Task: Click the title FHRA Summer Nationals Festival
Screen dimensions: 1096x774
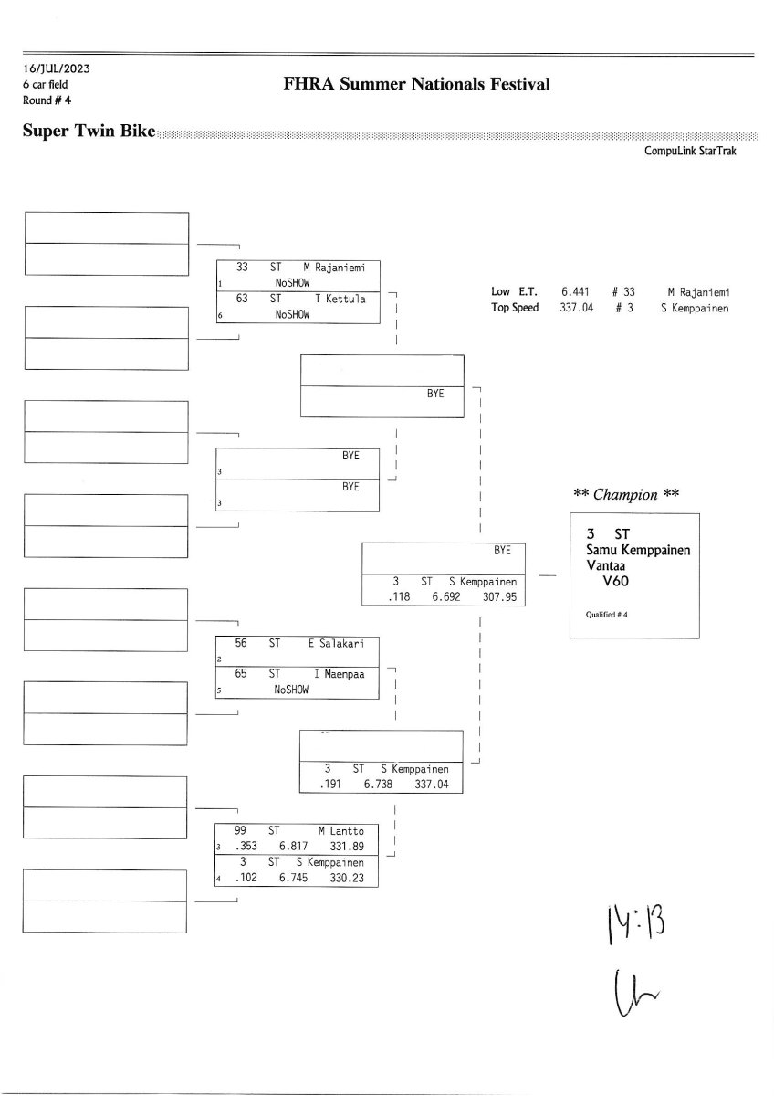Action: click(x=417, y=85)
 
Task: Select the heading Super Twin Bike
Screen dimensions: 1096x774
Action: click(x=89, y=132)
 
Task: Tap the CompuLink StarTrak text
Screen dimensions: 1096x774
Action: click(x=689, y=152)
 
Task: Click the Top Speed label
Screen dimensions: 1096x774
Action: click(x=515, y=308)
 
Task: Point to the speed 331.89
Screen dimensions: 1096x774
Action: click(x=345, y=847)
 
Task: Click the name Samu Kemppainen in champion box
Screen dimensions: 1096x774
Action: click(x=638, y=550)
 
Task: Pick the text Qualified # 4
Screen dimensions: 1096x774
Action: click(x=606, y=615)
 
